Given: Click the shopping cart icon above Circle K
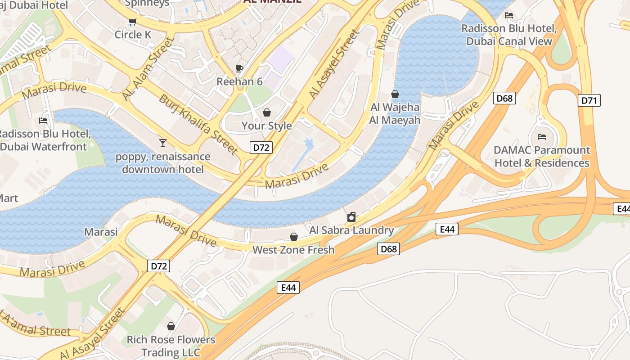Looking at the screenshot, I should point(132,22).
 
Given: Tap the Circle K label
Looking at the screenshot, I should point(133,35).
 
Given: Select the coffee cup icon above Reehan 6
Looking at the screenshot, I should point(239,68).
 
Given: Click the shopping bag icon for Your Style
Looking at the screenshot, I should point(267,112).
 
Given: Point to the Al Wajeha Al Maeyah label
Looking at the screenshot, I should point(395,114).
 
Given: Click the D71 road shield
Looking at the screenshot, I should point(589,100).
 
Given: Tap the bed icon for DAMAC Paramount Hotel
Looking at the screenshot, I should point(542,136).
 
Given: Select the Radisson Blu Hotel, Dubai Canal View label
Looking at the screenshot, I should point(509,35).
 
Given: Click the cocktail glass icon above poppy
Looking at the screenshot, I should point(163,143).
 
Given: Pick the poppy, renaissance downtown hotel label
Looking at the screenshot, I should point(163,163).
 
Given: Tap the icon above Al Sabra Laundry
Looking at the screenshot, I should point(351,217).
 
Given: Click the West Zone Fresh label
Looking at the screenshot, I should point(293,250).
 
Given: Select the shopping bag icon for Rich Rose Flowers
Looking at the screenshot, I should point(171,326).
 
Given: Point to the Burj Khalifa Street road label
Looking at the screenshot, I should point(198,125).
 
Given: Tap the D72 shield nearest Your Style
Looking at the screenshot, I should point(261,147).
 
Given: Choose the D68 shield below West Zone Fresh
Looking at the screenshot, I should point(388,249).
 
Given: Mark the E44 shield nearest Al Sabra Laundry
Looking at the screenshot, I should point(447,229).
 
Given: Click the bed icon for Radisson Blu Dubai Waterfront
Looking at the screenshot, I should point(43,121).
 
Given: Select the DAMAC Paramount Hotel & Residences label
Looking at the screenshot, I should point(542,156).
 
